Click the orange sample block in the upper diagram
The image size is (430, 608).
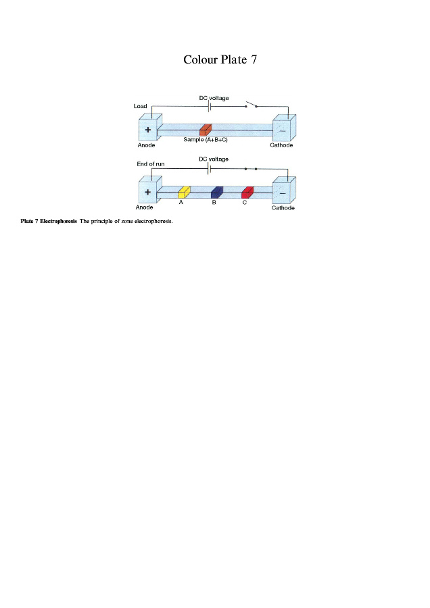(x=206, y=130)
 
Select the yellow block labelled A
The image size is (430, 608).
(x=184, y=192)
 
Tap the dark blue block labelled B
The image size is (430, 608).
(x=217, y=192)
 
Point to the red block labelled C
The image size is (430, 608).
(x=247, y=192)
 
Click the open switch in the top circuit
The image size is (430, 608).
(x=251, y=105)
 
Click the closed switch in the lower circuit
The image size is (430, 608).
(x=250, y=168)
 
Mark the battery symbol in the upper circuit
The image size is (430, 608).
(x=210, y=106)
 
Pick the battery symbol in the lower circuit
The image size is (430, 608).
(x=210, y=168)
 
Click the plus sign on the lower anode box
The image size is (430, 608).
(x=147, y=192)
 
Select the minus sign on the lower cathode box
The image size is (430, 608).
(x=282, y=193)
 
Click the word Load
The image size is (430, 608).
(x=141, y=106)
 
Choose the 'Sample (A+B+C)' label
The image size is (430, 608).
(x=205, y=139)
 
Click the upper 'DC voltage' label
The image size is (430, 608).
(x=214, y=98)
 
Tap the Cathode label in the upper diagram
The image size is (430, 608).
(x=281, y=145)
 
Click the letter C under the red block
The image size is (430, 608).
(x=244, y=202)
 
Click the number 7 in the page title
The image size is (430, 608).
(x=254, y=60)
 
